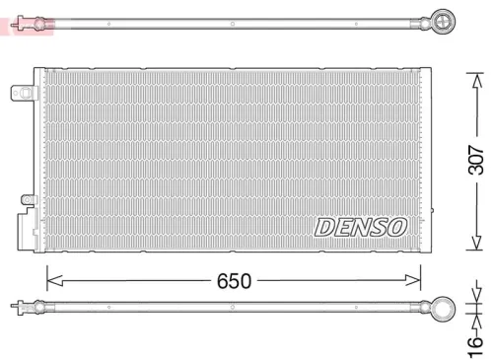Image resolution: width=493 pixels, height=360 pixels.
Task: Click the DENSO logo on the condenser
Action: click(360, 226)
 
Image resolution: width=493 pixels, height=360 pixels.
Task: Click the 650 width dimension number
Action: click(234, 280)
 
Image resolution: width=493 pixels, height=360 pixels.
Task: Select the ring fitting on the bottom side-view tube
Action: click(440, 308)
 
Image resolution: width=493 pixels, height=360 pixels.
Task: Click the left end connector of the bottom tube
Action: click(15, 308)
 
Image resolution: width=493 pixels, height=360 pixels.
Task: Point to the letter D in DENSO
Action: click(325, 226)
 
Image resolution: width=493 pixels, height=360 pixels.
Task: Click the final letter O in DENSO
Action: click(396, 226)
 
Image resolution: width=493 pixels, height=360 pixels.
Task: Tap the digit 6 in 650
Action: click(223, 280)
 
